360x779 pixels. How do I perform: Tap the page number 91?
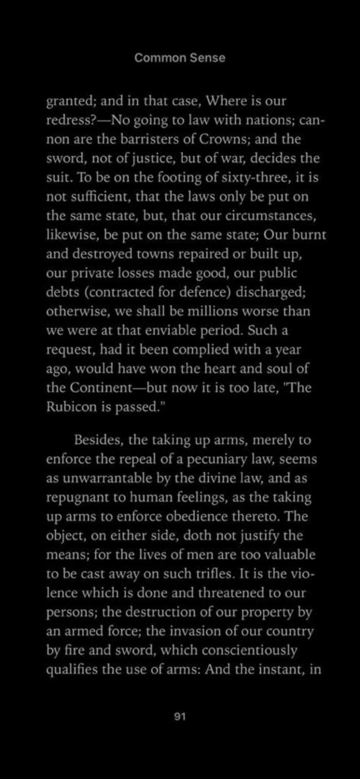pyautogui.click(x=180, y=716)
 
